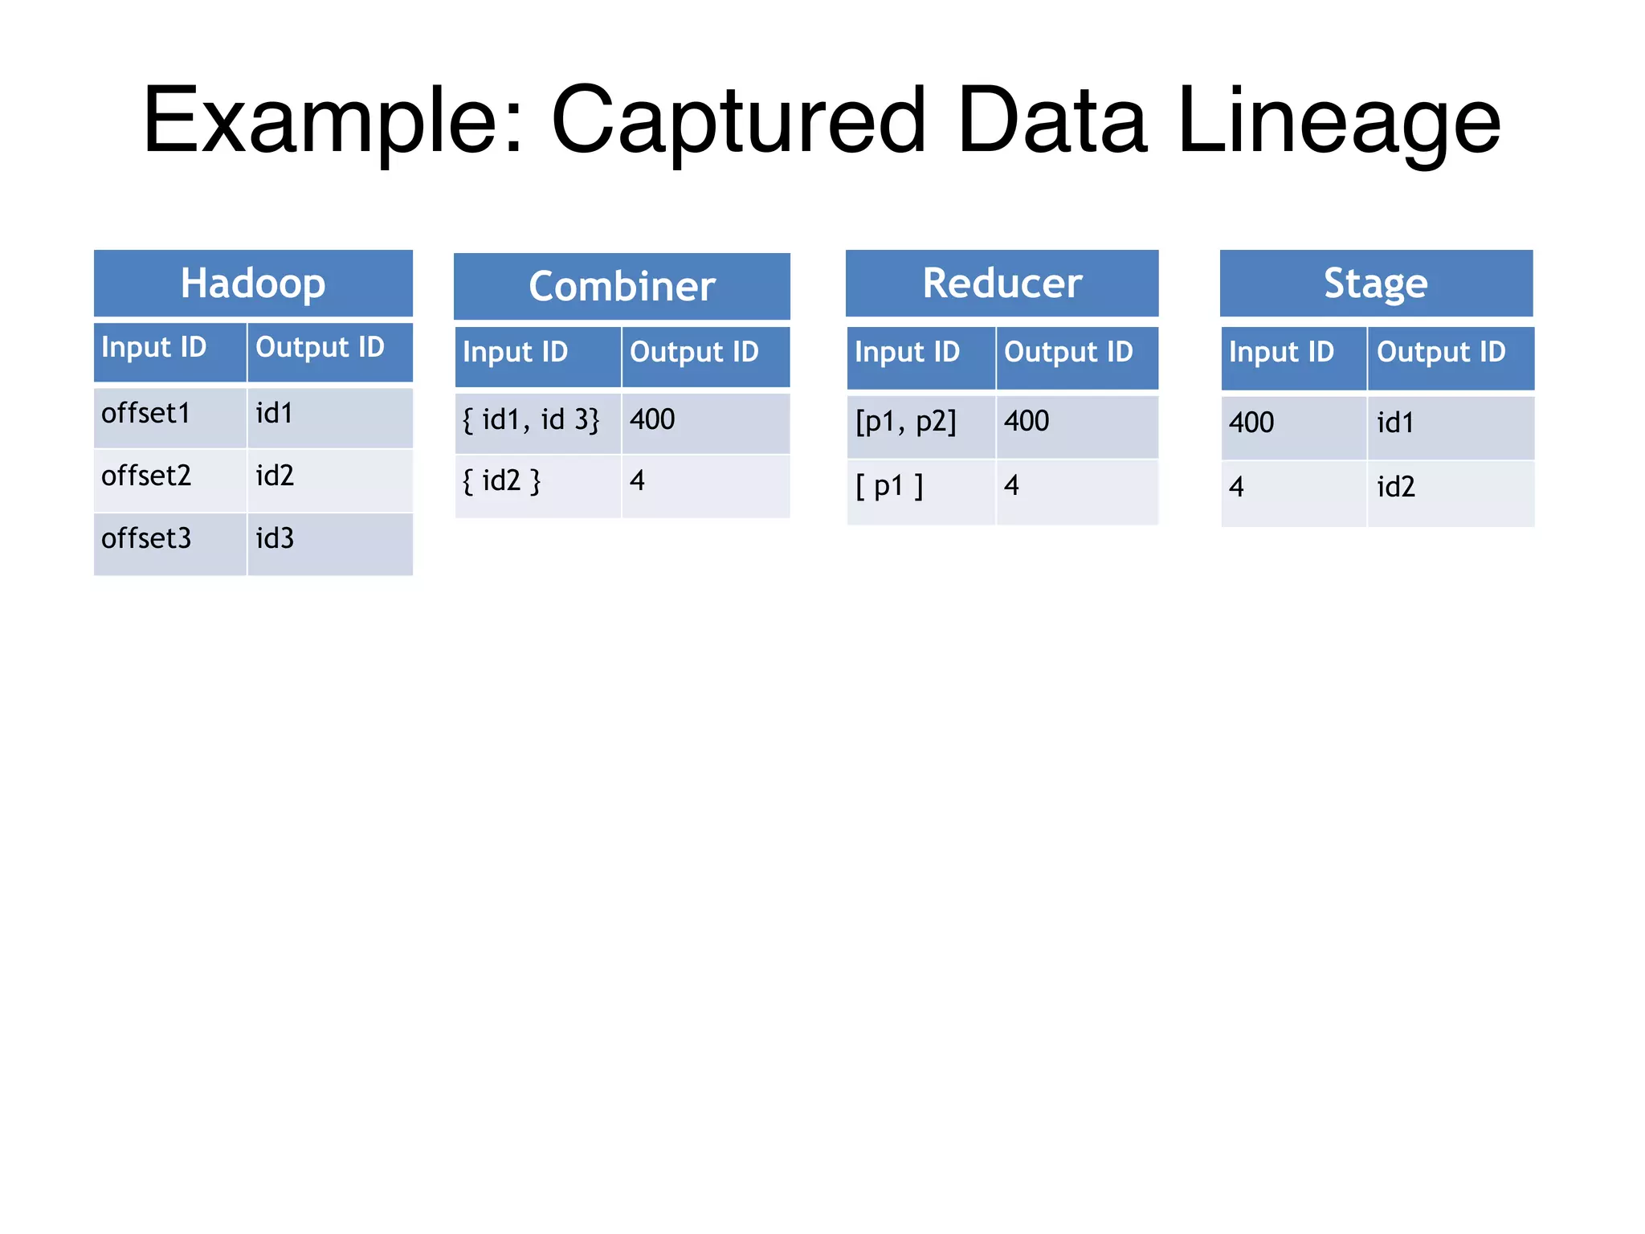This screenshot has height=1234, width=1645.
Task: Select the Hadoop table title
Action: coord(253,284)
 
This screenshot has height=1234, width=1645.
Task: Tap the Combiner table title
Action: coord(622,287)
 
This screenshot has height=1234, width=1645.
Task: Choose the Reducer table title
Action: coord(1002,284)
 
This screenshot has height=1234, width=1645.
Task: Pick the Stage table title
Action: coord(1376,284)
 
